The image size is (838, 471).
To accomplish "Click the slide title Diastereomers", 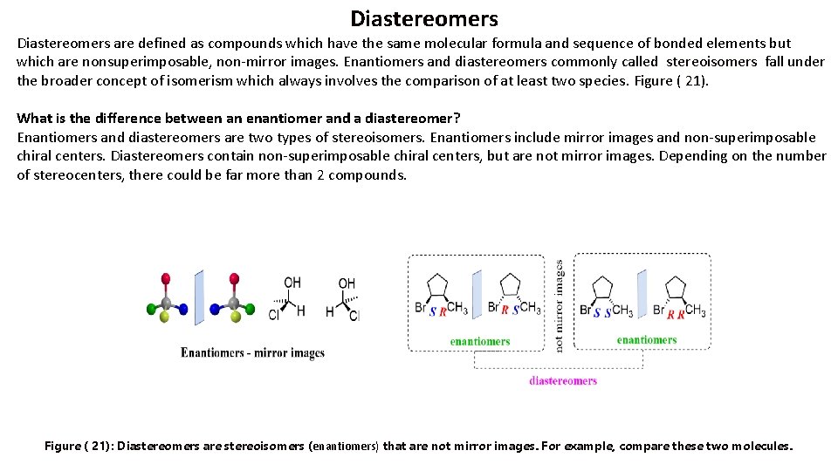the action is click(x=424, y=18).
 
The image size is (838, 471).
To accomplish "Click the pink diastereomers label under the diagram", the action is click(x=563, y=380).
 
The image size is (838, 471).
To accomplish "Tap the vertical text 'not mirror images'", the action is click(x=560, y=305).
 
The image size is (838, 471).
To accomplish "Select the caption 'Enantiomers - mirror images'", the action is click(x=252, y=353).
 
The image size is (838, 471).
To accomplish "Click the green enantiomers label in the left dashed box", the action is click(x=479, y=341).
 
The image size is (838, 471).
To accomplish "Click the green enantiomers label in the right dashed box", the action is click(x=647, y=340).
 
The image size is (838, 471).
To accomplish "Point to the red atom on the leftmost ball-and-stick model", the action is click(x=166, y=279).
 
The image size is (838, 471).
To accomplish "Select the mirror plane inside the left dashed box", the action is click(x=477, y=296).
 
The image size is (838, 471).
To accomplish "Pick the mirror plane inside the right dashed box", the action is click(x=642, y=296).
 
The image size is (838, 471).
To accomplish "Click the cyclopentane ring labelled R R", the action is click(x=675, y=287).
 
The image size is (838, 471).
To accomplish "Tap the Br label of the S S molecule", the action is click(x=586, y=310).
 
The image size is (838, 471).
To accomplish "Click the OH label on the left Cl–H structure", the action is click(x=292, y=283).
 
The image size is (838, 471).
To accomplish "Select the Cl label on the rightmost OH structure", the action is click(x=354, y=316).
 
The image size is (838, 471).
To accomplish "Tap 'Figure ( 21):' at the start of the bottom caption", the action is click(x=78, y=446).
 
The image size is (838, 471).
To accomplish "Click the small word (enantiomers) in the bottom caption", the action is click(x=345, y=447).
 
